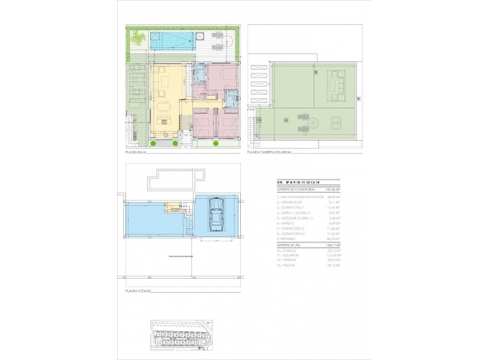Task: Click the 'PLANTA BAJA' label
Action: pos(137,153)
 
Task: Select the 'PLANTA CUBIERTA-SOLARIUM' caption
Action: pos(271,153)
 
